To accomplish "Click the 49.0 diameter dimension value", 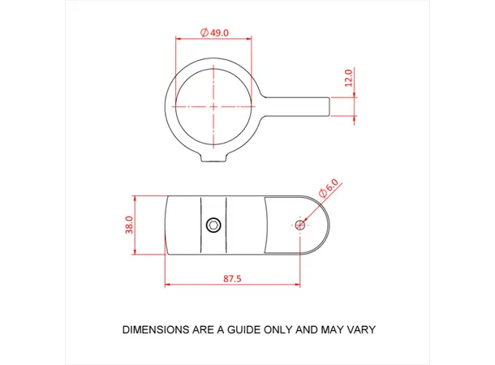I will (x=220, y=32).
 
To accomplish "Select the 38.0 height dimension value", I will (x=128, y=225).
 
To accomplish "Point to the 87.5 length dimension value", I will (x=232, y=278).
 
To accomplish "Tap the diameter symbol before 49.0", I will (x=204, y=32).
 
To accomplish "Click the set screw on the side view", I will (x=213, y=224).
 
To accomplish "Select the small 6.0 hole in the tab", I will (x=301, y=224).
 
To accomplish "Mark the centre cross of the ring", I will (x=213, y=106).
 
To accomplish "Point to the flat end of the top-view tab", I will (x=330, y=106).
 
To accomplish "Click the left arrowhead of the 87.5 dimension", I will (x=166, y=286).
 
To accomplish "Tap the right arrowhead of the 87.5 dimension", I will (x=299, y=286).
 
